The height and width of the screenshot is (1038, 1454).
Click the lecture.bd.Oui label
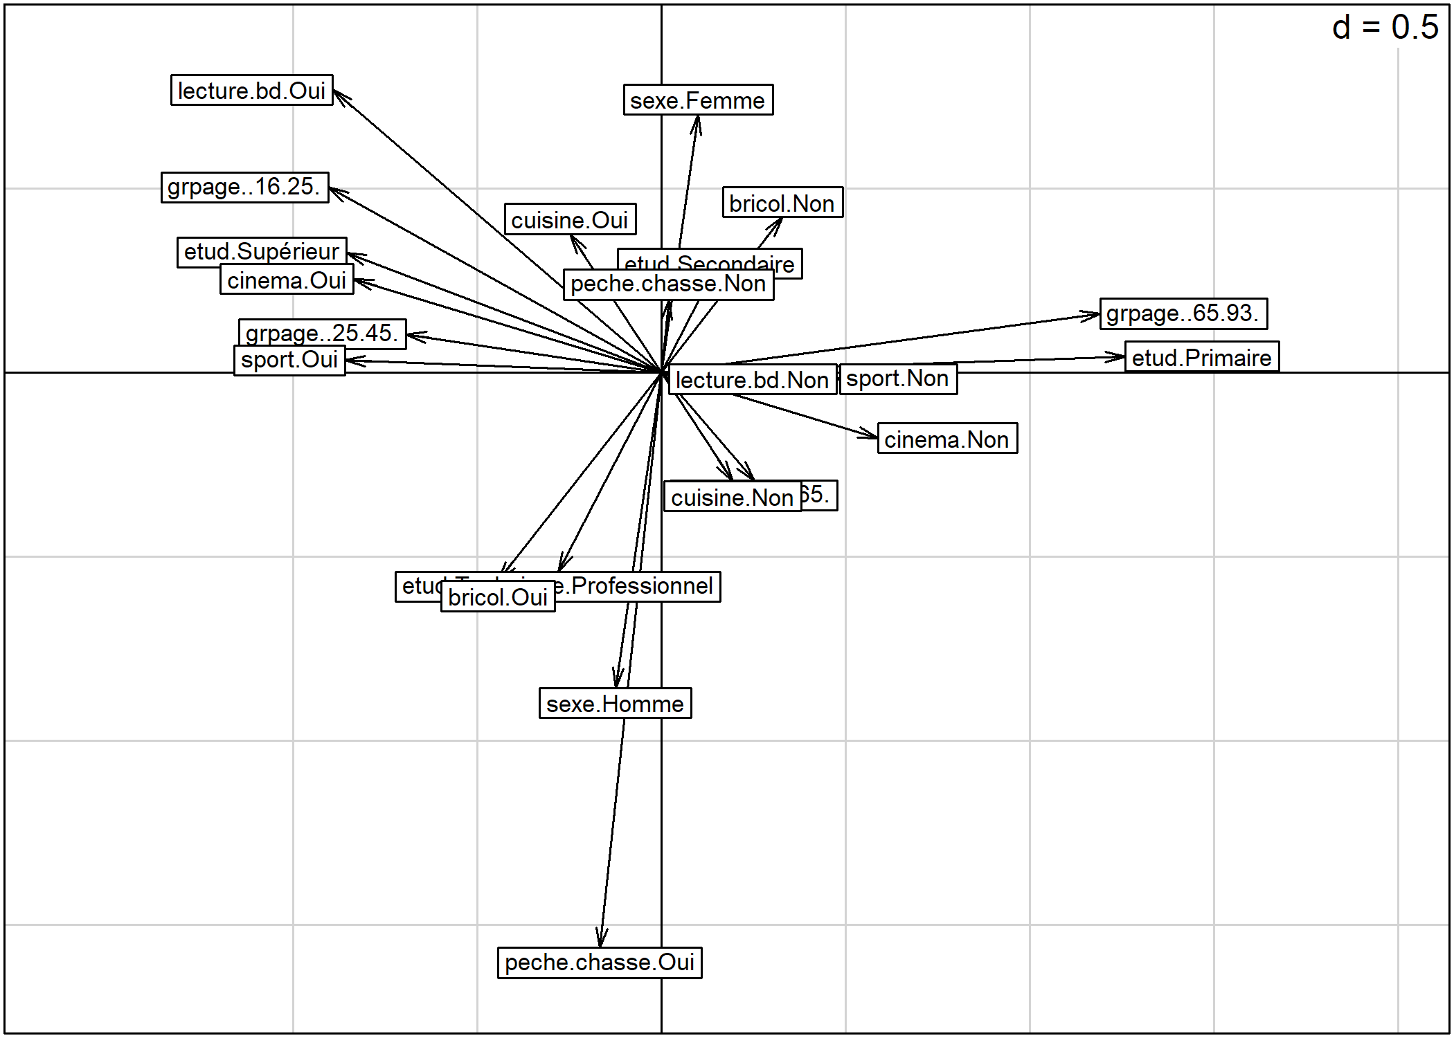(x=251, y=91)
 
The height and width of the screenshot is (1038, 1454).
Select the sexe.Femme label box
(x=698, y=100)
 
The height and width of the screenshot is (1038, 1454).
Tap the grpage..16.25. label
(x=244, y=187)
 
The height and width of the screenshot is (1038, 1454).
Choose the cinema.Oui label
(x=287, y=281)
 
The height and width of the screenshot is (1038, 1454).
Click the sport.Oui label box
(x=289, y=361)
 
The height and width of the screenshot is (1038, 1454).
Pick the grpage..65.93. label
(x=1183, y=313)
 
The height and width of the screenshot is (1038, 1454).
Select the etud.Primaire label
(x=1201, y=357)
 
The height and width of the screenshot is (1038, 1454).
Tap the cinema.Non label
(x=947, y=439)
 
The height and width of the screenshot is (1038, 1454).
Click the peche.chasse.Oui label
(x=600, y=963)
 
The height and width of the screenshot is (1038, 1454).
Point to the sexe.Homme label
(x=615, y=704)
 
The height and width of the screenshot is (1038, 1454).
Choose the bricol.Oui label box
(x=498, y=597)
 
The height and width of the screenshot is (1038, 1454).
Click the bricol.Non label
(x=782, y=203)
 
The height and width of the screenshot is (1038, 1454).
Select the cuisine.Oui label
(x=570, y=219)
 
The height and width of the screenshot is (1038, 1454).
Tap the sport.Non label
(x=898, y=379)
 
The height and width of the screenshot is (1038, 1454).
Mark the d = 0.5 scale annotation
(x=1385, y=28)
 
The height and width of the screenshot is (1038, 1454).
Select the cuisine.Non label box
(x=732, y=498)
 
